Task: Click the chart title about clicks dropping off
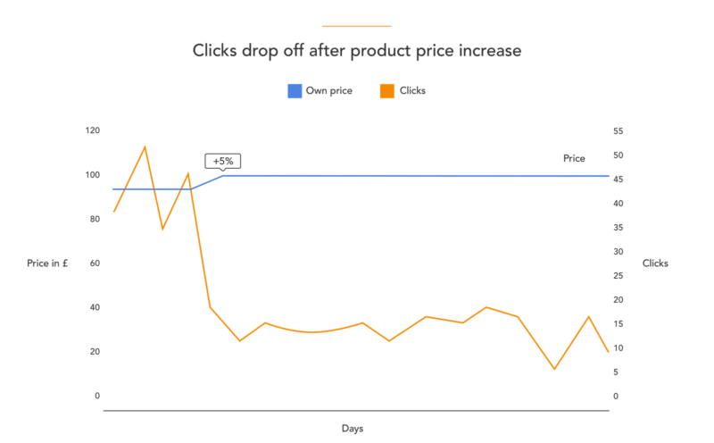pyautogui.click(x=357, y=51)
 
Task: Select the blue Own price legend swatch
pyautogui.click(x=295, y=90)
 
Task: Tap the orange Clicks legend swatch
pyautogui.click(x=387, y=90)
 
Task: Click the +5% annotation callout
pyautogui.click(x=223, y=161)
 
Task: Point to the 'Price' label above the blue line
pyautogui.click(x=574, y=158)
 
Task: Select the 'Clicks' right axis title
pyautogui.click(x=655, y=263)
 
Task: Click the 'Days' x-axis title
pyautogui.click(x=353, y=428)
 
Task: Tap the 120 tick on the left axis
pyautogui.click(x=93, y=130)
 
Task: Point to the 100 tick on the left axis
pyautogui.click(x=93, y=175)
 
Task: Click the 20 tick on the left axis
pyautogui.click(x=95, y=352)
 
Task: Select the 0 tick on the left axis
pyautogui.click(x=97, y=396)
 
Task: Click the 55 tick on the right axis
pyautogui.click(x=618, y=131)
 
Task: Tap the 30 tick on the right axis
pyautogui.click(x=618, y=252)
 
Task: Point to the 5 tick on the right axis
pyautogui.click(x=617, y=372)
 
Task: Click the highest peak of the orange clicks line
pyautogui.click(x=145, y=146)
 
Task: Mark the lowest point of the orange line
pyautogui.click(x=554, y=369)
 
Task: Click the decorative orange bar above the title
pyautogui.click(x=356, y=26)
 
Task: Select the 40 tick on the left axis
pyautogui.click(x=95, y=307)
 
